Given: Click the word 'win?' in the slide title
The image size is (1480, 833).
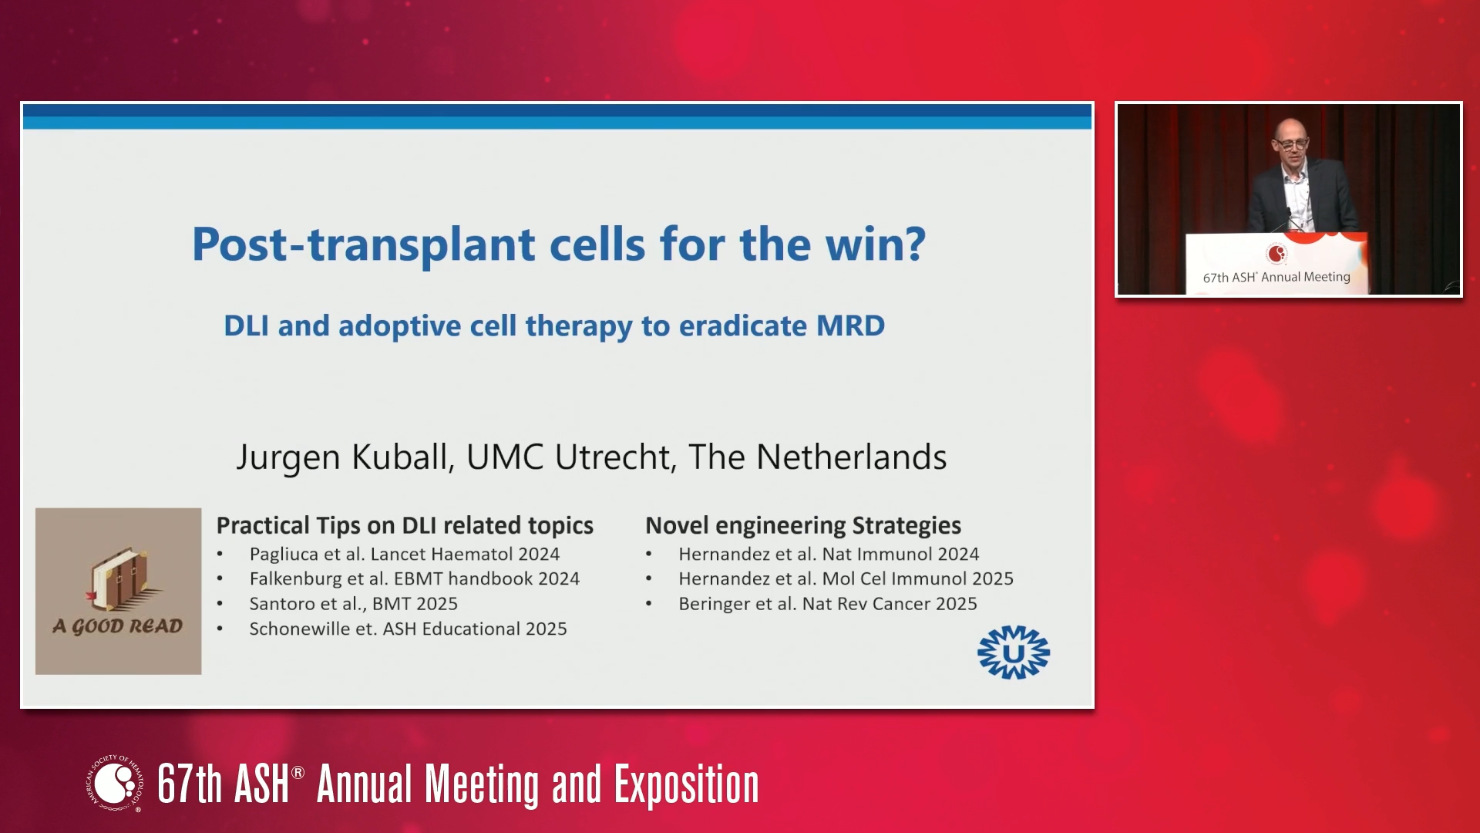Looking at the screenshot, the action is (875, 245).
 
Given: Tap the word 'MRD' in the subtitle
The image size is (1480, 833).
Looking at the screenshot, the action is (850, 325).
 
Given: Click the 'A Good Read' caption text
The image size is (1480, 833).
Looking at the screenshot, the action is (118, 626).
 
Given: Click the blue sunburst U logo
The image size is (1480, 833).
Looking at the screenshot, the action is (1014, 653).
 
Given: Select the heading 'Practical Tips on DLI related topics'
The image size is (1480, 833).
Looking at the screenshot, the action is (405, 525).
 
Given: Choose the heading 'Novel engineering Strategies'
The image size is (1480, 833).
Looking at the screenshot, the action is (803, 525).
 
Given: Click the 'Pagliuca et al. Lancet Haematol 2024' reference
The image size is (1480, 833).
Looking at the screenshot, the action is (405, 554).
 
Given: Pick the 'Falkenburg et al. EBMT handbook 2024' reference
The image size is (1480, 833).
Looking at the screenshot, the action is (415, 578).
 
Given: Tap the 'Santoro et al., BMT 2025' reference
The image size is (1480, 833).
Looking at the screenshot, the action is (354, 604).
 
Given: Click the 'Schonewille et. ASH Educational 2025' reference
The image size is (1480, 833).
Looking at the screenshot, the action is (409, 629).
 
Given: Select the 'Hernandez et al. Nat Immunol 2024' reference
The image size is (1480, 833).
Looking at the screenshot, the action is (829, 554).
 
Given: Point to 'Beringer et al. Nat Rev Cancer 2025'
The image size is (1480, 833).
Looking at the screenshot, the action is (828, 604).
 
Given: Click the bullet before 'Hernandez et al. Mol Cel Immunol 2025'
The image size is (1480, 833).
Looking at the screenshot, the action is (649, 579).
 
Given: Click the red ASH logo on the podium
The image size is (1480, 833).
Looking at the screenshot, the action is (1276, 254).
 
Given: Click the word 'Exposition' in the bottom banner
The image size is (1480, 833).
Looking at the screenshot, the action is (686, 785).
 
